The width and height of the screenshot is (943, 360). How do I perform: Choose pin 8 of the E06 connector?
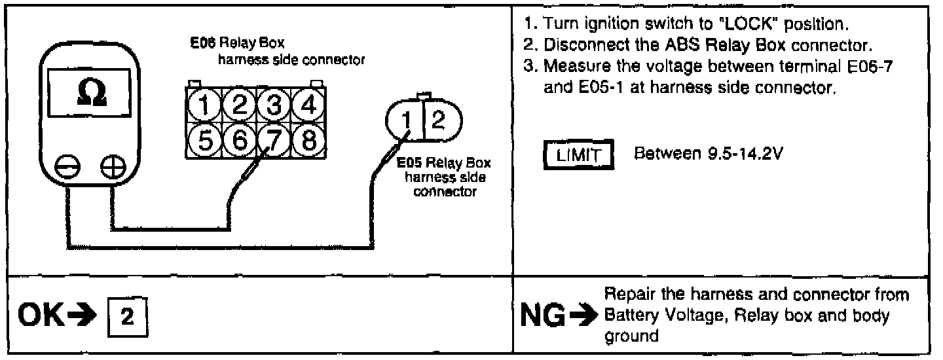(x=304, y=138)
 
